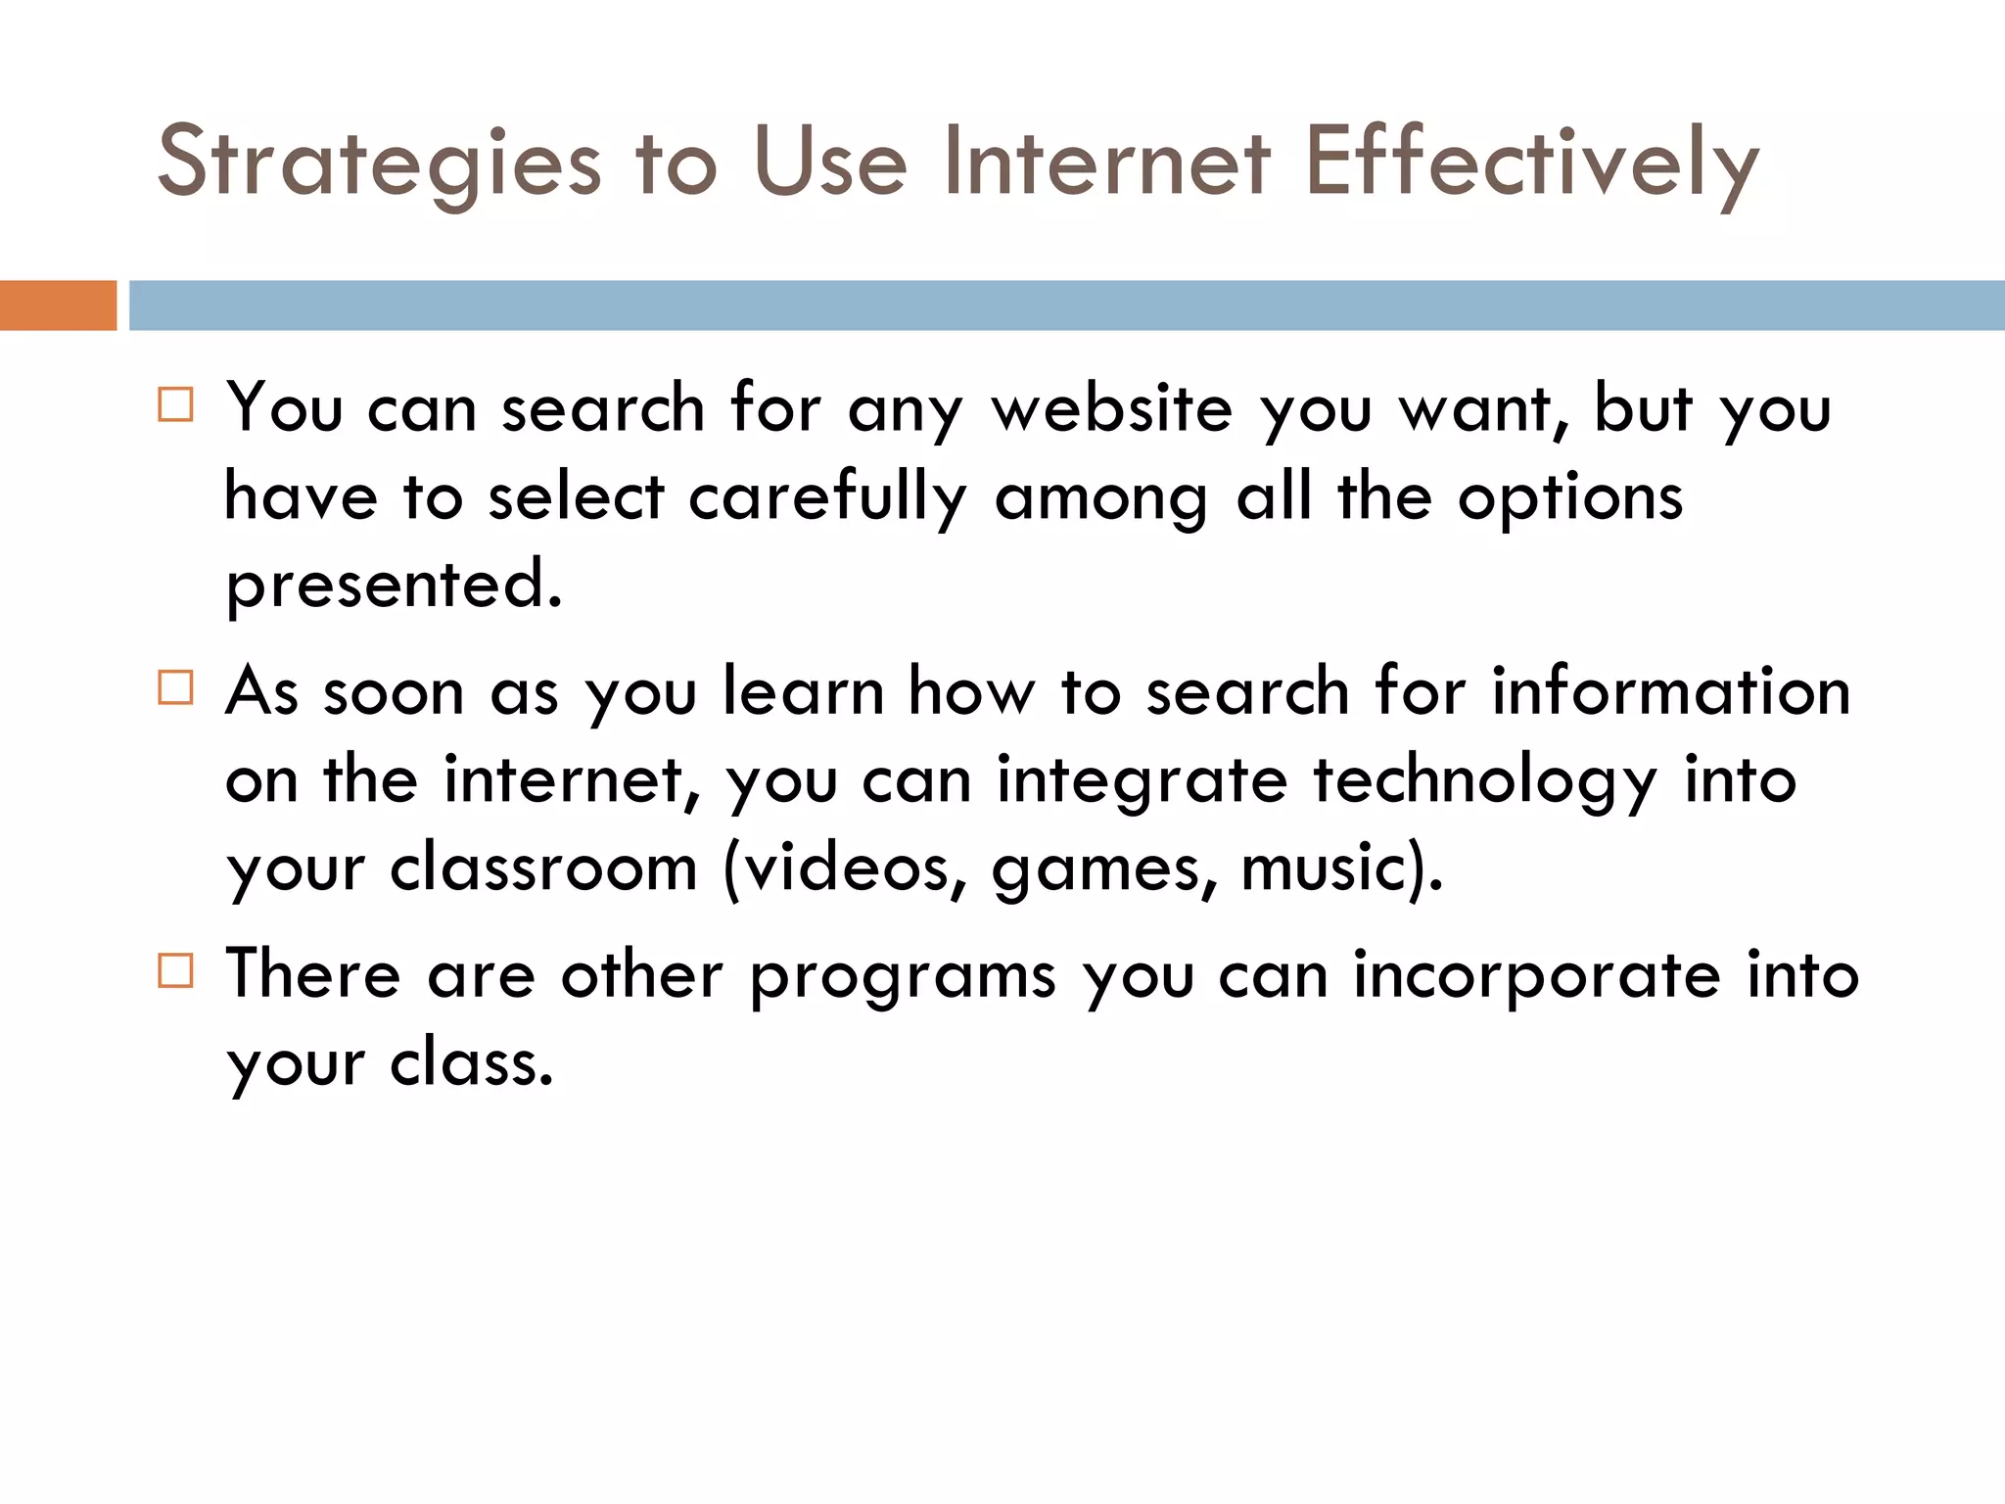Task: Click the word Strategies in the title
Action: coord(379,163)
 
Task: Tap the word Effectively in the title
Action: coord(1531,163)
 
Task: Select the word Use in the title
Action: coord(830,163)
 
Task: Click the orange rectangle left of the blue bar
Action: coord(58,305)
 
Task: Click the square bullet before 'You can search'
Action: coord(175,404)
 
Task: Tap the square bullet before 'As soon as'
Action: coord(175,687)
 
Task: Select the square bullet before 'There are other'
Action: coord(175,971)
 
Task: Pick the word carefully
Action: coord(827,497)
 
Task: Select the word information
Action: coord(1670,691)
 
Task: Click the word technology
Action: coord(1484,781)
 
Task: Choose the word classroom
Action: coord(543,868)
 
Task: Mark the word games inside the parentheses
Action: coord(1103,869)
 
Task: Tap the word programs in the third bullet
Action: coord(903,977)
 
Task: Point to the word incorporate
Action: coord(1536,977)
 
